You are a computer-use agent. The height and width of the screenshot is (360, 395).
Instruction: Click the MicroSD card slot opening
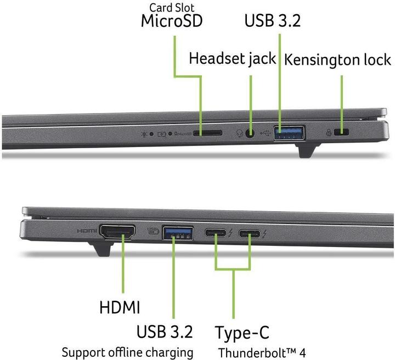[x=207, y=133]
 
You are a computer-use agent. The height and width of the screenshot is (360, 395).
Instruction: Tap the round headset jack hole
[x=250, y=133]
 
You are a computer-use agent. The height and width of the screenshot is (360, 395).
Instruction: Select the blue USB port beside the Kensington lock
[x=289, y=133]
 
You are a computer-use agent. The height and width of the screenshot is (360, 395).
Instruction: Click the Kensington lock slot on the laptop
[x=341, y=132]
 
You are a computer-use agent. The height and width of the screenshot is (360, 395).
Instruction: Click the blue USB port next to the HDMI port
[x=178, y=233]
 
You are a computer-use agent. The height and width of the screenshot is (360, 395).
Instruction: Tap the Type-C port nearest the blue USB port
[x=216, y=233]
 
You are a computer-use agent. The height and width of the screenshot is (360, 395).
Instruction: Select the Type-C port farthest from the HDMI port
[x=250, y=234]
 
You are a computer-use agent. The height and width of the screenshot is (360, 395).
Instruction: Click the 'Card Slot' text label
[x=172, y=8]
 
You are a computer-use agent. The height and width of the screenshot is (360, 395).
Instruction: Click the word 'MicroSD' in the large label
[x=172, y=21]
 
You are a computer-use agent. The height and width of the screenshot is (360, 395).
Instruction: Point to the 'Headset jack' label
[x=232, y=59]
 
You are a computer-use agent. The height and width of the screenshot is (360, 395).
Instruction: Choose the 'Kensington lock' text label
[x=337, y=60]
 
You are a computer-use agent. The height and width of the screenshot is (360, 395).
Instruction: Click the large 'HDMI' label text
[x=120, y=307]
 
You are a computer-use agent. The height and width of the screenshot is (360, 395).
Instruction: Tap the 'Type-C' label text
[x=242, y=333]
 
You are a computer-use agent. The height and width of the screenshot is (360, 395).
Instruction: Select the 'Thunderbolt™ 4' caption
[x=262, y=353]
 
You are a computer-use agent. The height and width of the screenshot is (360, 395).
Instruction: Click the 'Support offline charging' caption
[x=127, y=352]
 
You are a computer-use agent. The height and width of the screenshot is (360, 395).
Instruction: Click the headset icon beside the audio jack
[x=240, y=133]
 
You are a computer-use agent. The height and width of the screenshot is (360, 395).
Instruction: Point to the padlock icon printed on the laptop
[x=329, y=132]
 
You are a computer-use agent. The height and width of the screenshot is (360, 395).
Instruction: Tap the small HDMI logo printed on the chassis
[x=87, y=230]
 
